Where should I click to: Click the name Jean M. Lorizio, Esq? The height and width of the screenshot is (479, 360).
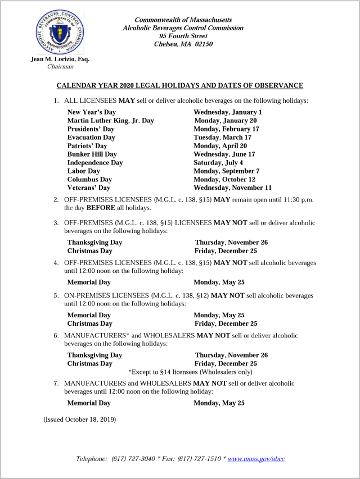tap(60, 59)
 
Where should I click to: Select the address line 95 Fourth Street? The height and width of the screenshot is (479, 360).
tap(183, 36)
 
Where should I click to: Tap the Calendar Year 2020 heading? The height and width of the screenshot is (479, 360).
tap(180, 85)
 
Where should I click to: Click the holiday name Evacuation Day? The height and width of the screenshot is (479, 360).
tap(91, 138)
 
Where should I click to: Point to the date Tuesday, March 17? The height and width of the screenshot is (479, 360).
tap(222, 138)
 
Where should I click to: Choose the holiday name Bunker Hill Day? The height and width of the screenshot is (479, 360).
tap(92, 154)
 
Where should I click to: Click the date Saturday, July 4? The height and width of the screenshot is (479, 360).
tap(218, 163)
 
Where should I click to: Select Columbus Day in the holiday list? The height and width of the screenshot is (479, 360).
tap(89, 180)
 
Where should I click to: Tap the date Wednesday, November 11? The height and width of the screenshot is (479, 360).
tap(232, 188)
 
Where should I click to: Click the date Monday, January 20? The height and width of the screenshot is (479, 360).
tap(226, 121)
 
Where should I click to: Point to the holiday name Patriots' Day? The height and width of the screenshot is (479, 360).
tap(87, 146)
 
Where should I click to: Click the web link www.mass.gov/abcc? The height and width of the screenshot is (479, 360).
tap(256, 459)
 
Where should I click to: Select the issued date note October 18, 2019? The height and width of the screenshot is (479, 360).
tap(80, 419)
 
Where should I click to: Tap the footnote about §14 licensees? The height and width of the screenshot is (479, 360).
tap(190, 372)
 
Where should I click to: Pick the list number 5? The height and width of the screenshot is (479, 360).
tap(56, 295)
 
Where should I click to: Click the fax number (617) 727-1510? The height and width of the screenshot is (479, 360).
tap(200, 459)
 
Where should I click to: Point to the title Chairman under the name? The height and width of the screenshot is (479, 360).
tap(60, 66)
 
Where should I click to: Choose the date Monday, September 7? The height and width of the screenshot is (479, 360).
tap(226, 171)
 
